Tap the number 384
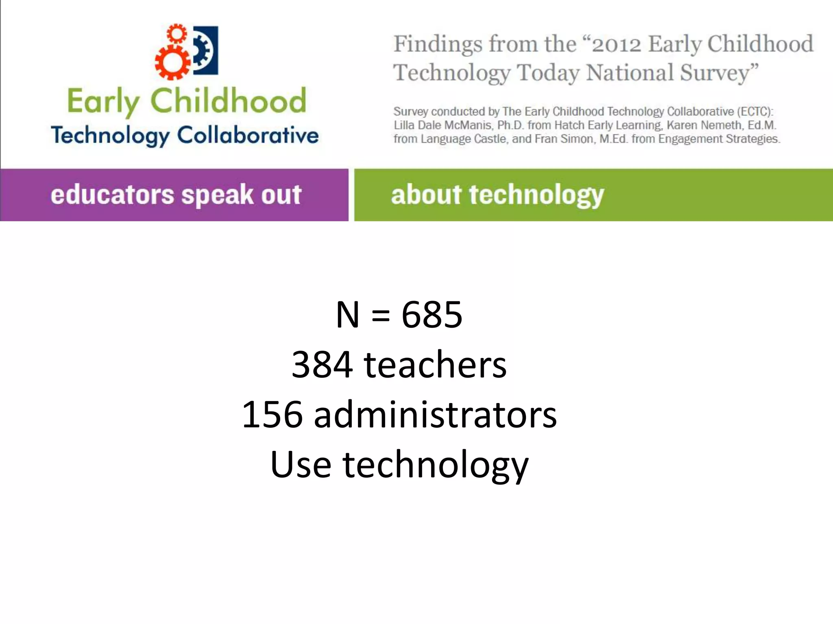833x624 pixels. pyautogui.click(x=322, y=365)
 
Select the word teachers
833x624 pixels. pyautogui.click(x=435, y=365)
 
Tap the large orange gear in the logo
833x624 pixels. pyautogui.click(x=172, y=62)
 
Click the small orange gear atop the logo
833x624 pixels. pyautogui.click(x=176, y=33)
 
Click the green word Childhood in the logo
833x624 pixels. pyautogui.click(x=228, y=100)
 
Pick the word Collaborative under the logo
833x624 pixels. pyautogui.click(x=248, y=135)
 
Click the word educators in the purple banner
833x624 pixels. pyautogui.click(x=112, y=195)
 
